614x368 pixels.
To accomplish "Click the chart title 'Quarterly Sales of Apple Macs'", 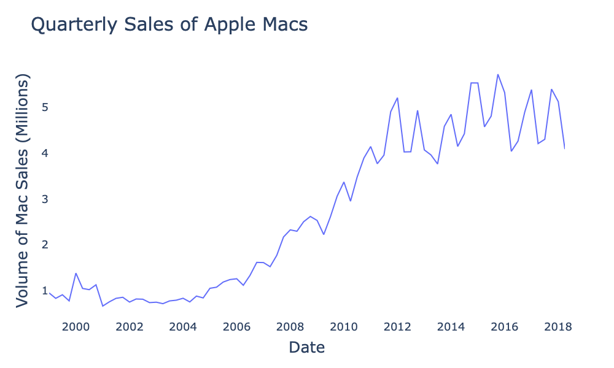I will pyautogui.click(x=169, y=25).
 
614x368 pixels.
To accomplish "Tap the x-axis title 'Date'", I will pyautogui.click(x=306, y=347).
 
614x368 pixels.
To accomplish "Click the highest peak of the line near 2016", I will pyautogui.click(x=498, y=74).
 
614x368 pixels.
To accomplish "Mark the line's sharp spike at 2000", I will pyautogui.click(x=76, y=274).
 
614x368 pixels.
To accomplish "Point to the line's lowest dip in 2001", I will pyautogui.click(x=103, y=306).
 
